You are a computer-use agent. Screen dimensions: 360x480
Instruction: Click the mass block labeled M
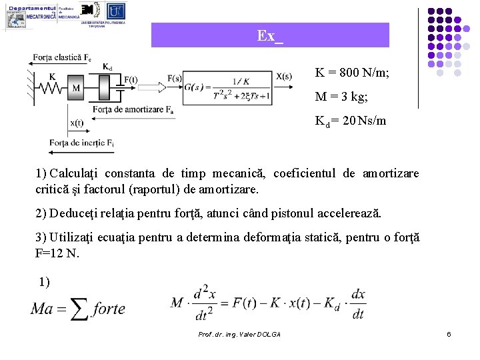point(75,88)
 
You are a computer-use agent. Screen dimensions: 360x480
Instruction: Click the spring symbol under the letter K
point(52,88)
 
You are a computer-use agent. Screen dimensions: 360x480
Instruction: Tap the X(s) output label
point(283,76)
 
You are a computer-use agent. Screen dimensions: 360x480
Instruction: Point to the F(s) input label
point(175,78)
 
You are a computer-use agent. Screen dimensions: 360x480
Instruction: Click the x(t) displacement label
point(77,123)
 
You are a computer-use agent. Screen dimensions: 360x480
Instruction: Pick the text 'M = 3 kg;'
point(341,97)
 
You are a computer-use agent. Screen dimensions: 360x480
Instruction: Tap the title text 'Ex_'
point(270,35)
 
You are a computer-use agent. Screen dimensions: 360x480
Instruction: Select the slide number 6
point(449,334)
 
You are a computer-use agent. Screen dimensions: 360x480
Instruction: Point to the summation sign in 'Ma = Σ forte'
point(79,308)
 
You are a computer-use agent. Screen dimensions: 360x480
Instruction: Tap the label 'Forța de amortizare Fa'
point(133,109)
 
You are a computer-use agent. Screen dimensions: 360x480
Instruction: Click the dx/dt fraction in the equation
point(357,303)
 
